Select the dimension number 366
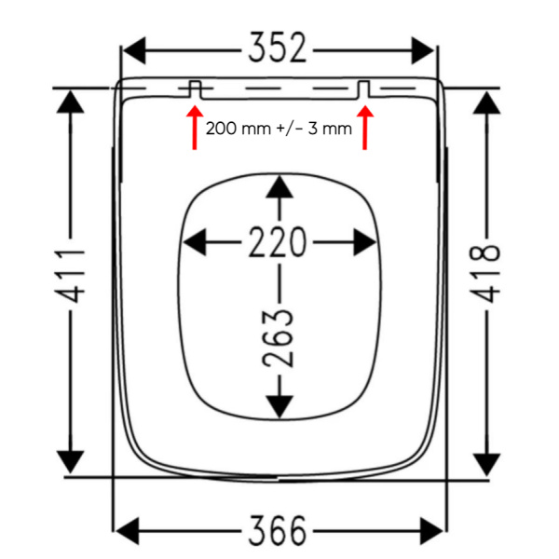tap(279, 531)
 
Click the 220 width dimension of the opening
tap(278, 243)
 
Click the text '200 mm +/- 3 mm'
tap(279, 129)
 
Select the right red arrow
tap(365, 129)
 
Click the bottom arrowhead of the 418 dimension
tap(485, 463)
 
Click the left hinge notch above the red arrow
tap(195, 88)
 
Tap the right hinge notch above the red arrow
tap(364, 89)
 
